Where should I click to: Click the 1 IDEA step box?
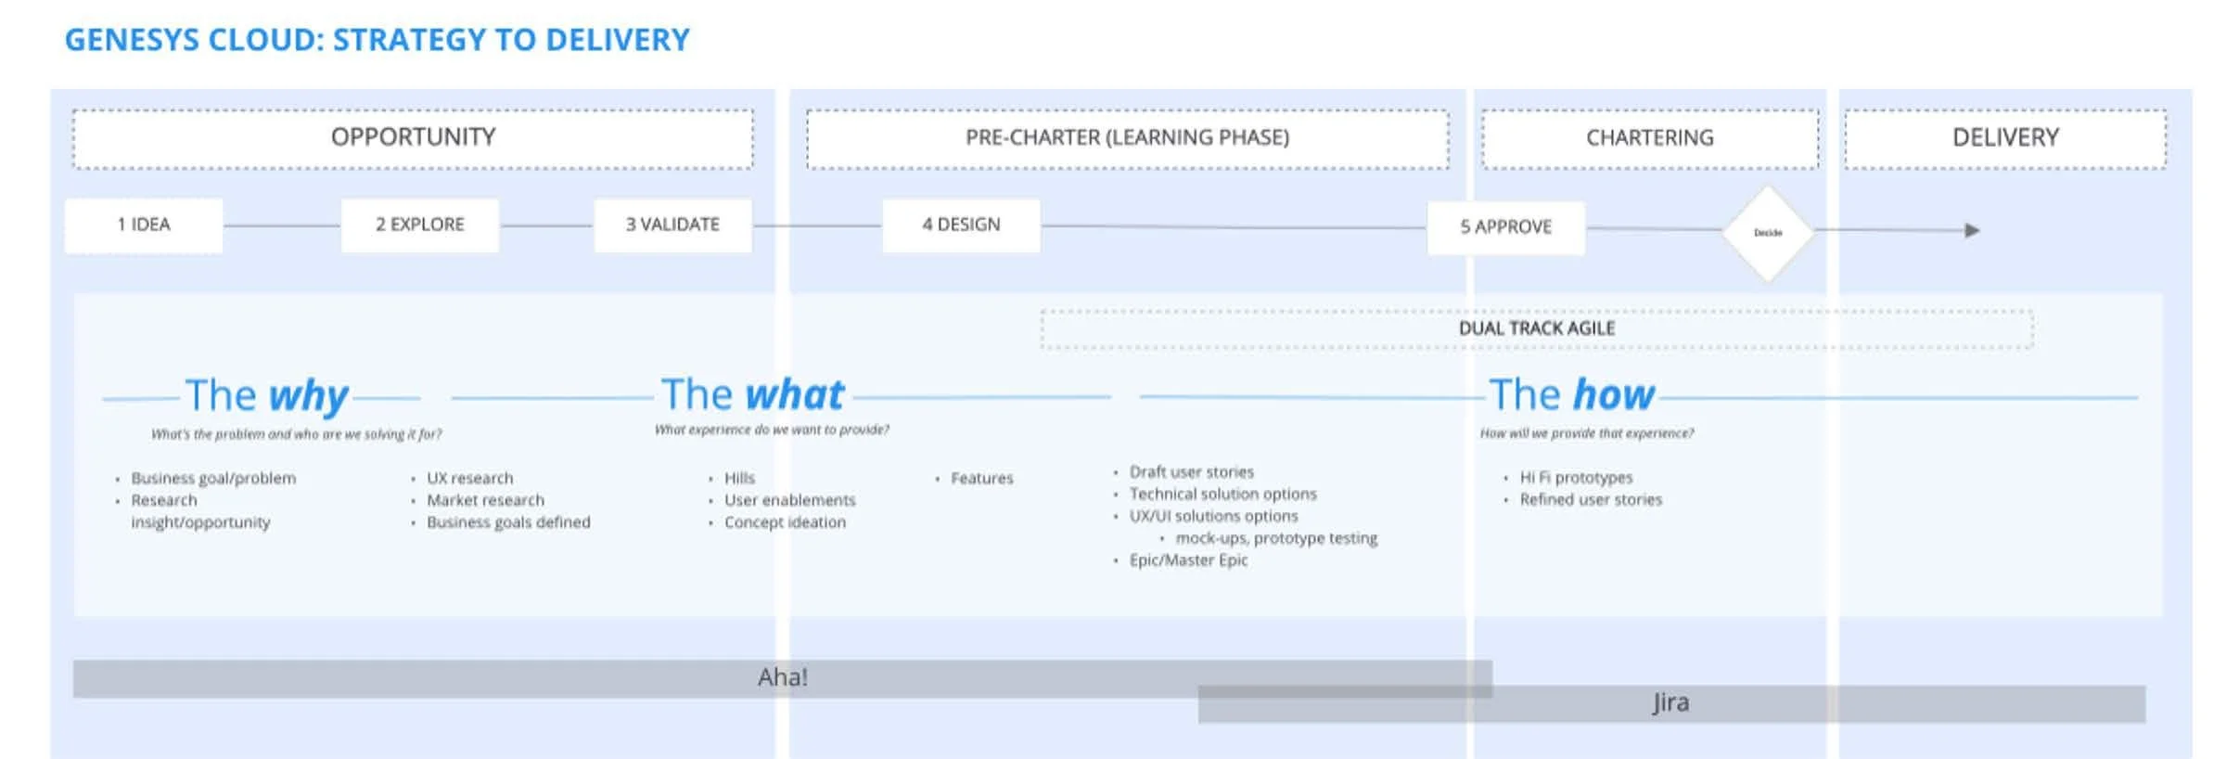(144, 225)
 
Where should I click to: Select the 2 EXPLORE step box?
(420, 225)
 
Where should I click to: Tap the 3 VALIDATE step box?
(672, 225)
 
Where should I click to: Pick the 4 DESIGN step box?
(961, 225)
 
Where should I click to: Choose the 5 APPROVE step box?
(1505, 227)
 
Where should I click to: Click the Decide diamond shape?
(1768, 233)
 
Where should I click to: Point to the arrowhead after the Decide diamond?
(1972, 230)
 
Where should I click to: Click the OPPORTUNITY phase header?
(413, 138)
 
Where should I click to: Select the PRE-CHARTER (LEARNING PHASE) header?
(1127, 138)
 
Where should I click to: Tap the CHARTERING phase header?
(1649, 138)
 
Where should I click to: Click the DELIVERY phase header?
(2005, 138)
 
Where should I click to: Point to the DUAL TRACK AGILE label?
(1537, 328)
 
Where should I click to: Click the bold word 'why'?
(308, 396)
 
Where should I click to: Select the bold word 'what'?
(795, 395)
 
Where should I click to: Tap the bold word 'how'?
(1614, 395)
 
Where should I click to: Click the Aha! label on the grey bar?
(782, 677)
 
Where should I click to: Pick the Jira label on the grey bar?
(1670, 702)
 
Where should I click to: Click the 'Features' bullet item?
(981, 479)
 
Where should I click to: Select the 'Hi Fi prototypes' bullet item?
(1576, 478)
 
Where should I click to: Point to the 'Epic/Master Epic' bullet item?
(1188, 560)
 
